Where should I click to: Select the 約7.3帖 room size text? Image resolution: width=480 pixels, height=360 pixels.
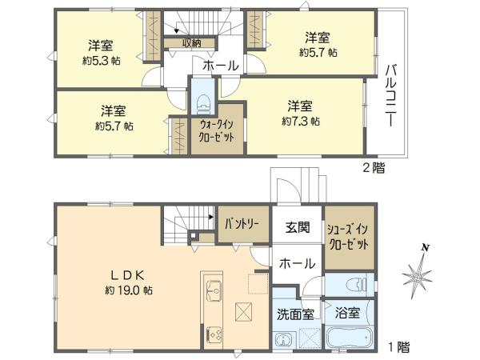pos(301,122)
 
